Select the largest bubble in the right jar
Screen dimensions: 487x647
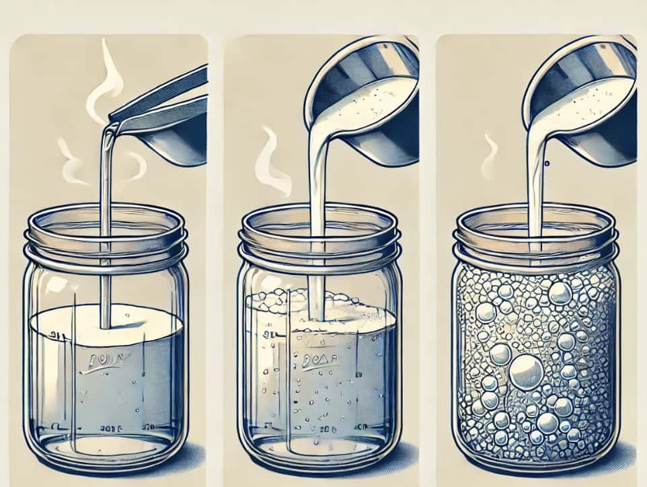pos(526,373)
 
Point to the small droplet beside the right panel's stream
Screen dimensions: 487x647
pos(547,162)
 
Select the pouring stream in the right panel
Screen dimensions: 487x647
pos(535,195)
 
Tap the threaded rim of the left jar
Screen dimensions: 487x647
pos(104,246)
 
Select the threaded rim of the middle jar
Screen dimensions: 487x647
pos(319,246)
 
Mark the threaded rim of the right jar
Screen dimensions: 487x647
pos(535,246)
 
